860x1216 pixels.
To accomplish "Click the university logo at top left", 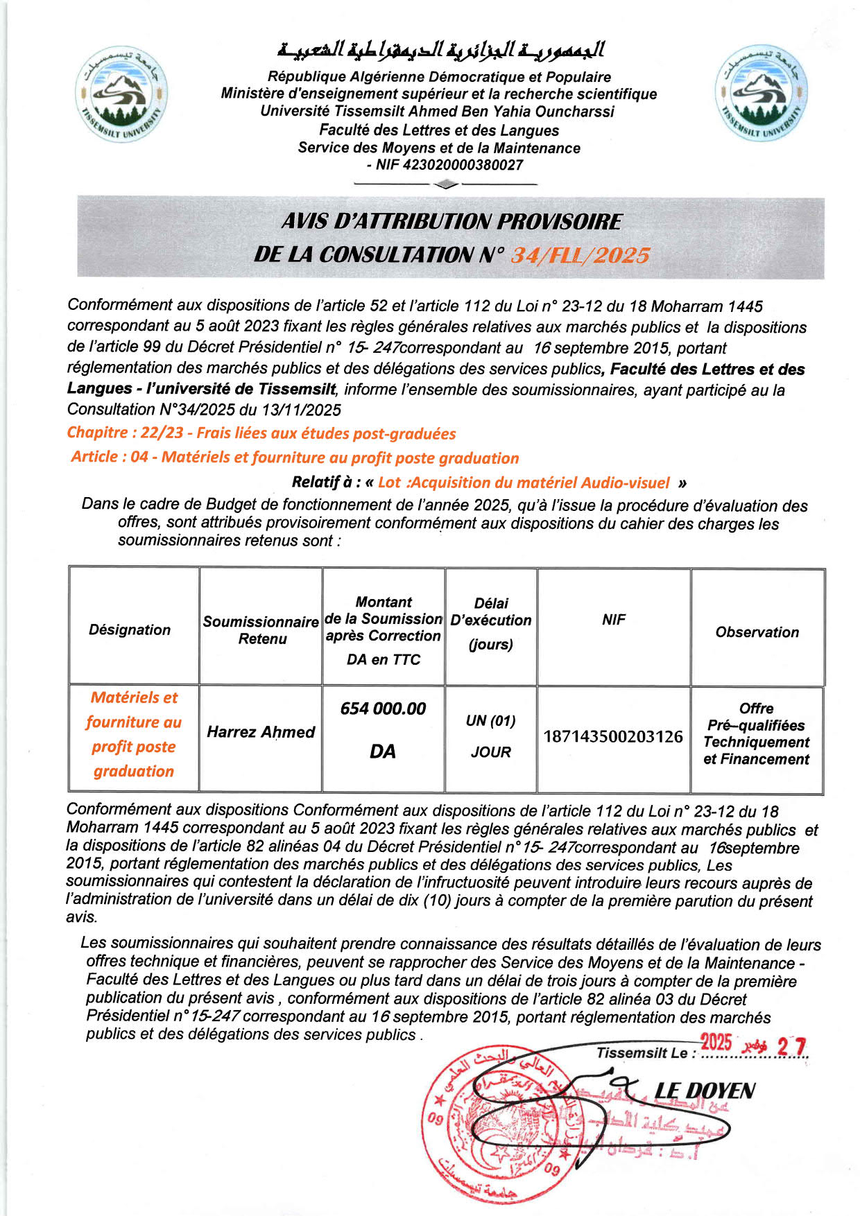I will tap(121, 94).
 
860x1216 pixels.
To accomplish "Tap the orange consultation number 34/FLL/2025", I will tap(580, 256).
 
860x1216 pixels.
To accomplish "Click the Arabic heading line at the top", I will tap(440, 50).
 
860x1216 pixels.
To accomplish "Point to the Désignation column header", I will tap(130, 629).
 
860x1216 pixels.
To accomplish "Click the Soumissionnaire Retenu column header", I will tap(261, 629).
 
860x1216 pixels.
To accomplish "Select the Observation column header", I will tap(757, 632).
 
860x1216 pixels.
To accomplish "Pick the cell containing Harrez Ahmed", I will tap(261, 732).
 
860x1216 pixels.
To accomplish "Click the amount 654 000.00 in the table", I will tap(383, 709).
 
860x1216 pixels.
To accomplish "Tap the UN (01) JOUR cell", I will tap(490, 736).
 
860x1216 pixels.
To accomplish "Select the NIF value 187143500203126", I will tap(613, 736).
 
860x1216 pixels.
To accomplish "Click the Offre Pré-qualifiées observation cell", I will tap(756, 733).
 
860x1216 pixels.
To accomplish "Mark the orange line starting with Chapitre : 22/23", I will tap(261, 433).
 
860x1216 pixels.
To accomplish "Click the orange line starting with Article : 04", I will tap(295, 458).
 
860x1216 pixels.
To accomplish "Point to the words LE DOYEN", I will tap(705, 1091).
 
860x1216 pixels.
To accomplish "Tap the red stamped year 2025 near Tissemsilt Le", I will tap(716, 1042).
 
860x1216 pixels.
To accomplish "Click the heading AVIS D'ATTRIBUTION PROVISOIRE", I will tap(452, 222).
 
